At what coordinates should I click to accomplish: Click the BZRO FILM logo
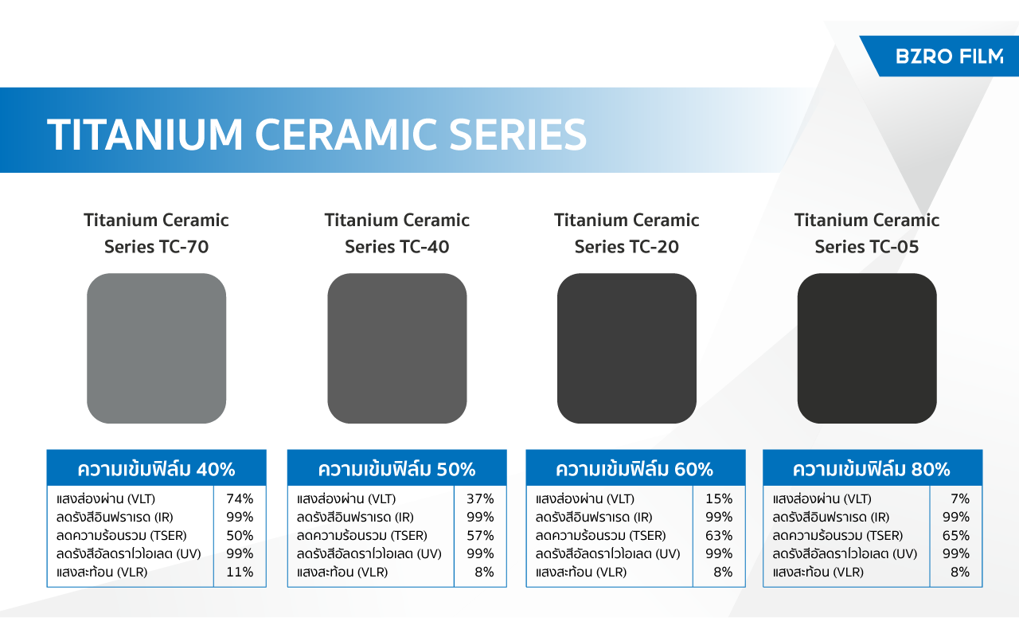tap(950, 57)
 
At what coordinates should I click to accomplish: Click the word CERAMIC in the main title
tap(346, 135)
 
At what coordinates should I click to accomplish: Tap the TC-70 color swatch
tap(157, 348)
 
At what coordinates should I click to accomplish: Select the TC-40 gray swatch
tap(397, 348)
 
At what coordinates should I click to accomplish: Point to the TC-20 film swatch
tap(627, 348)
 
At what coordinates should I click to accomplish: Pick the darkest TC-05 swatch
tap(867, 348)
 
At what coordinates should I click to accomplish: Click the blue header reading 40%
tap(157, 468)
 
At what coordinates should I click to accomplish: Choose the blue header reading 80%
tap(873, 468)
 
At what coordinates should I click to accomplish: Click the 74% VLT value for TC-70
tap(240, 498)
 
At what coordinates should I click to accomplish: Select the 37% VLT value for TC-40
tap(480, 498)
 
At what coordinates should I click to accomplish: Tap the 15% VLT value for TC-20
tap(719, 498)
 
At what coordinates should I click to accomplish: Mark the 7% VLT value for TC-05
tap(960, 498)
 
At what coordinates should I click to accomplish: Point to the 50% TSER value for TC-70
tap(240, 536)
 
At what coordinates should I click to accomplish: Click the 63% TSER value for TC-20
tap(719, 536)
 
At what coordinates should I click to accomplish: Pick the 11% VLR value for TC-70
tap(240, 572)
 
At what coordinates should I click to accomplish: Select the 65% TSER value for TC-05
tap(956, 536)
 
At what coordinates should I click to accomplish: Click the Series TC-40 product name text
tap(397, 247)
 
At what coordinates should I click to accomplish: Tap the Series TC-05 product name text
tap(867, 247)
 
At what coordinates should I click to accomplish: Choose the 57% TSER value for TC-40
tap(480, 536)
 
